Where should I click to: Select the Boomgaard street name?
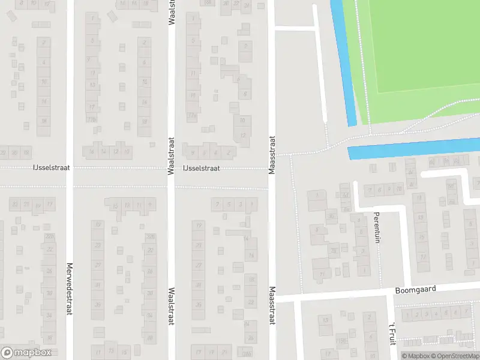415,289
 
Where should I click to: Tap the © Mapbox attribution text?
415,356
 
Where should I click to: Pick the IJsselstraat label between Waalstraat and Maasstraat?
201,169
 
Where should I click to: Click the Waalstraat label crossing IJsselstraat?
171,155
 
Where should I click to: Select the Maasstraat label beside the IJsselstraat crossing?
272,155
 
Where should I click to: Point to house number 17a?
193,116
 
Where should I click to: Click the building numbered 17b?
92,119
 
